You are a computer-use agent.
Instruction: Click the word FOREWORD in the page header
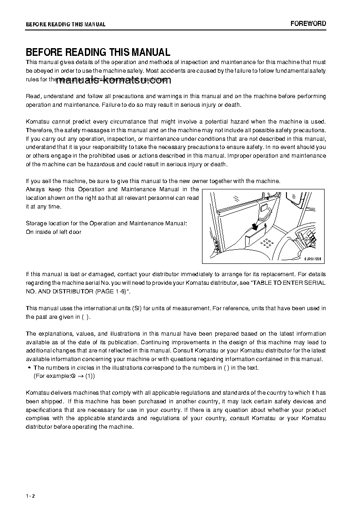[308, 24]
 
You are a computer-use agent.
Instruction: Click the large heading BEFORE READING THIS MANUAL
[98, 52]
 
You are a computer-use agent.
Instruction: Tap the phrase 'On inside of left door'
[54, 232]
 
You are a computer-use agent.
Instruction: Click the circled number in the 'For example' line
[73, 376]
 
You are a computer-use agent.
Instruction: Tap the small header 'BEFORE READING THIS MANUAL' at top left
[65, 25]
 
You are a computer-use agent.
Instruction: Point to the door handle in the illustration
[266, 210]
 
